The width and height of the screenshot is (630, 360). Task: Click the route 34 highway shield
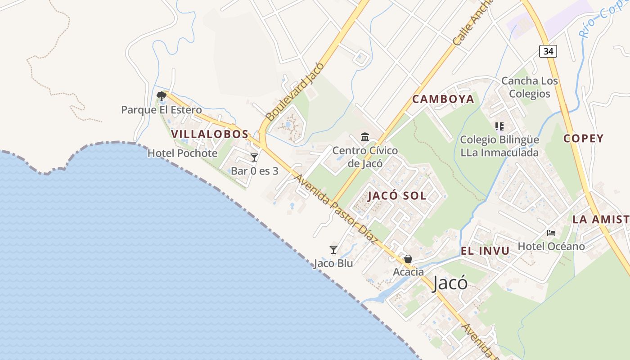coord(548,51)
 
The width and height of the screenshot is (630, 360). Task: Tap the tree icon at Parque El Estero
coord(161,96)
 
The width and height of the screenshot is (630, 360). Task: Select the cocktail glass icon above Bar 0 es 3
coord(254,157)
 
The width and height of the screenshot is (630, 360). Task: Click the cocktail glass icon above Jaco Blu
coord(333,250)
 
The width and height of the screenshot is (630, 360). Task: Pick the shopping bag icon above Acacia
coord(408,259)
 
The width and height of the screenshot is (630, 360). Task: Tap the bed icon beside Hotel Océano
coord(551,233)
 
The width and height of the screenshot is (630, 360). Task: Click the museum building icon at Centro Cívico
coord(365,137)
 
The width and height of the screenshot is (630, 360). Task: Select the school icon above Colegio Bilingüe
coord(499,126)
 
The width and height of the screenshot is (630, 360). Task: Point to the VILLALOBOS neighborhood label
coord(210,134)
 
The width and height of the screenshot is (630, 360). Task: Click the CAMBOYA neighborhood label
coord(443,99)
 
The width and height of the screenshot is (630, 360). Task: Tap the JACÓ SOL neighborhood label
coord(397,196)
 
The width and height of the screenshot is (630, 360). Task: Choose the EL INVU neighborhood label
coord(485,251)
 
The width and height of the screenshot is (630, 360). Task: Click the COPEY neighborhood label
coord(583,139)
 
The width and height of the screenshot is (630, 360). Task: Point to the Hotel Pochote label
coord(183,153)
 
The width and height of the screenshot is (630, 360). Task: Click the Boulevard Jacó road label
coord(295,92)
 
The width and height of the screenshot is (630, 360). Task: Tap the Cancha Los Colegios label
coord(530,87)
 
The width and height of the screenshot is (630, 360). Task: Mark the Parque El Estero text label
coord(162,110)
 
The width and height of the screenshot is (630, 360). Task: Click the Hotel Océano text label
coord(551,246)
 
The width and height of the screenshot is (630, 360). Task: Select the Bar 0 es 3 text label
coord(255,171)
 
